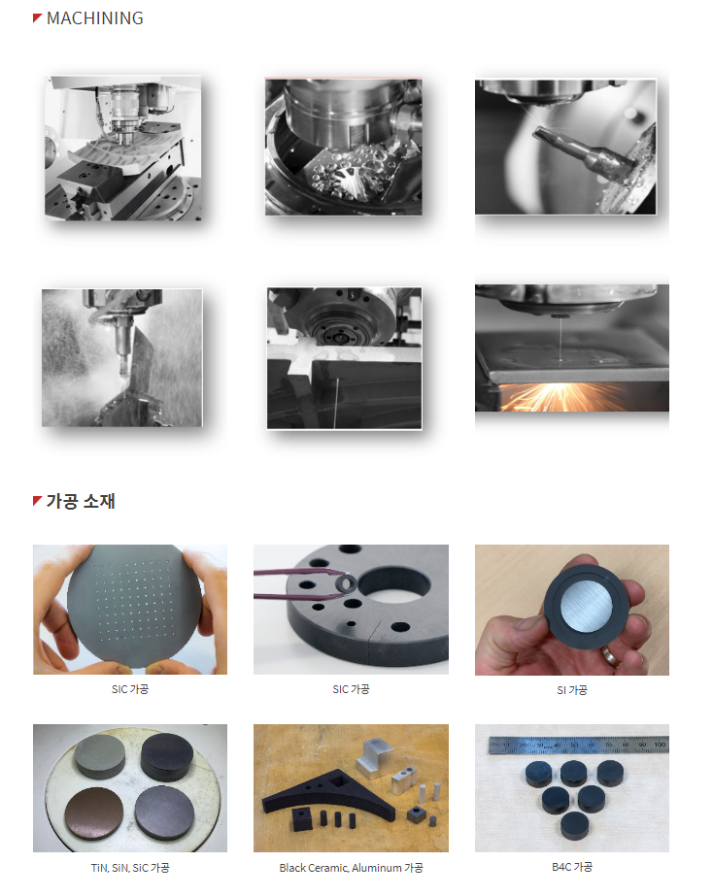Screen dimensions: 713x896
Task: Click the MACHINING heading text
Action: (x=95, y=18)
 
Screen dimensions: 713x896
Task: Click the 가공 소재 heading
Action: (x=81, y=501)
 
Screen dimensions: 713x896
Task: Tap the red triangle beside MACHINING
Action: (x=37, y=17)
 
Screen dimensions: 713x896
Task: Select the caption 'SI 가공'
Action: (x=572, y=689)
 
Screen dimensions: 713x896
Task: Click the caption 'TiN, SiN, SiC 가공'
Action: (x=130, y=868)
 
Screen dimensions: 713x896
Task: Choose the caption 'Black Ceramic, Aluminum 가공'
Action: (x=351, y=868)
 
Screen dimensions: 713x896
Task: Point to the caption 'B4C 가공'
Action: (x=572, y=866)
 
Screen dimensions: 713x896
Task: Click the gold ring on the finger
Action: (x=611, y=656)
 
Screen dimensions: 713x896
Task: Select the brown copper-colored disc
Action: (x=94, y=813)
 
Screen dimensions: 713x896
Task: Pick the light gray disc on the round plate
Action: (x=100, y=756)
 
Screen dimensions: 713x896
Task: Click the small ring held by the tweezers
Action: (x=347, y=582)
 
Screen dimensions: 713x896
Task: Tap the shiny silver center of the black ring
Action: (x=586, y=607)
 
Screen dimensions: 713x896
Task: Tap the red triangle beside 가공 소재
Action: (x=37, y=501)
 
